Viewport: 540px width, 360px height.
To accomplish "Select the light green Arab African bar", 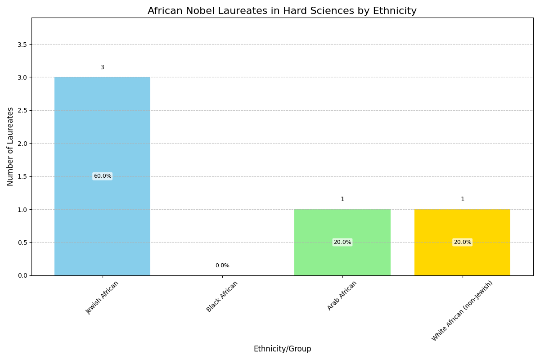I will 342,225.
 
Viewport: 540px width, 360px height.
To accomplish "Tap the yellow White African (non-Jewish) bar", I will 462,225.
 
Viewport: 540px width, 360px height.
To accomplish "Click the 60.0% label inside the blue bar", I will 102,176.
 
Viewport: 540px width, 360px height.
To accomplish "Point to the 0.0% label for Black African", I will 222,265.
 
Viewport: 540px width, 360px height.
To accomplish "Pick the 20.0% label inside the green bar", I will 342,242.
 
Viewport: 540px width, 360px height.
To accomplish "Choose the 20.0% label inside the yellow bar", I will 462,242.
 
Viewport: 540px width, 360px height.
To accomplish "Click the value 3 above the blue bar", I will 102,67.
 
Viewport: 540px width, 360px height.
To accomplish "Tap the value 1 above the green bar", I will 342,199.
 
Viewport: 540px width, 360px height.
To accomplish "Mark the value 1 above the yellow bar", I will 462,199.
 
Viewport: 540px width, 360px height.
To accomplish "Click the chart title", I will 282,11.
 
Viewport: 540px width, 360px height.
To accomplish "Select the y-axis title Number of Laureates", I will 10,146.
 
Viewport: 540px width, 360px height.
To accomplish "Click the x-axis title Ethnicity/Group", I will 282,349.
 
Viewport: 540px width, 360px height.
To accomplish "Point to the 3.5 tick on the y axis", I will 22,44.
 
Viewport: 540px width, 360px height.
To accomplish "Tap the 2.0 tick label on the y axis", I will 22,143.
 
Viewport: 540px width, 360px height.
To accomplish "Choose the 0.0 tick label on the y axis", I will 22,275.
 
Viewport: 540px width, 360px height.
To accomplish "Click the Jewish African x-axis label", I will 103,297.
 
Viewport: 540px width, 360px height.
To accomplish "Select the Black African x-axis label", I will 222,296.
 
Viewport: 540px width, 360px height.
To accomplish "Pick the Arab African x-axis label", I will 342,295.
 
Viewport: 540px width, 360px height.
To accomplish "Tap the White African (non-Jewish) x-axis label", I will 462,310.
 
